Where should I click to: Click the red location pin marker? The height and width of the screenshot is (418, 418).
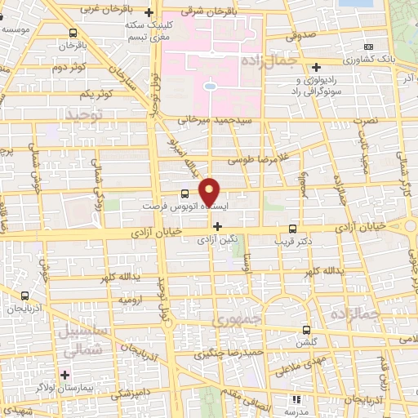tap(210, 191)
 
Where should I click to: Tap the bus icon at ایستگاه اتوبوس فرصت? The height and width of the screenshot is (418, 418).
tap(185, 193)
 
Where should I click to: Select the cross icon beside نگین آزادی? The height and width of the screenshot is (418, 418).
tap(217, 226)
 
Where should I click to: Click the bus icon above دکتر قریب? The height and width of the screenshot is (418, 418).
tap(293, 228)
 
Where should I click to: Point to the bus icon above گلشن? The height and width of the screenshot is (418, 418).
tap(307, 331)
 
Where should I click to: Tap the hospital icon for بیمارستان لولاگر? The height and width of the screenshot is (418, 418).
tap(64, 376)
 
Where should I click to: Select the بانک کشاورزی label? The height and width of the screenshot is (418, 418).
tap(371, 60)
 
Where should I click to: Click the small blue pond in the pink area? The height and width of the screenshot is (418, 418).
tap(210, 85)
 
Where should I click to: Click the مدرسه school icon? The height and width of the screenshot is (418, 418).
tap(296, 400)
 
